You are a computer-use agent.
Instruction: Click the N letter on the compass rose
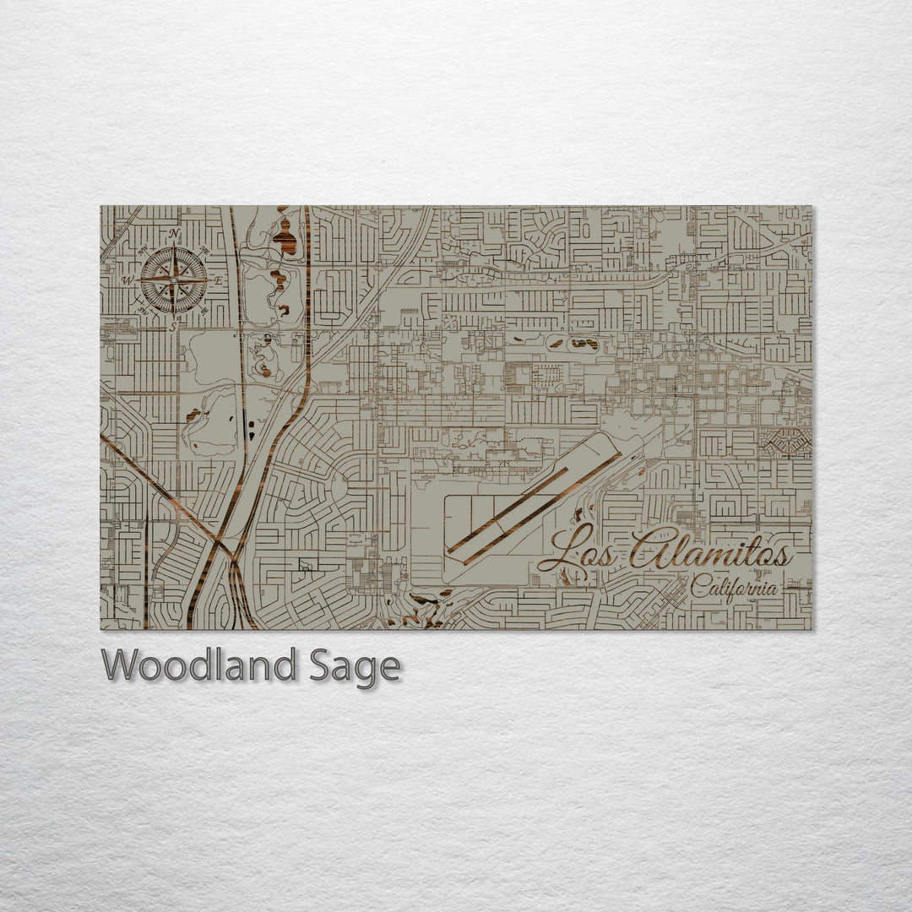click(x=174, y=234)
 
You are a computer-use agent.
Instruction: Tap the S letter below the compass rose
click(x=173, y=326)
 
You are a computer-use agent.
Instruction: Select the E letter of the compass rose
click(x=217, y=280)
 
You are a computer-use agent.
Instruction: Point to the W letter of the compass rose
click(x=128, y=280)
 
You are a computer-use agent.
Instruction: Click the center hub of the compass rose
click(x=173, y=280)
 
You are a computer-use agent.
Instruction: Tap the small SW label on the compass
click(x=143, y=311)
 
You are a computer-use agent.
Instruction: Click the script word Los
click(x=578, y=553)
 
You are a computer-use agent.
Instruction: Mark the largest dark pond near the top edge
click(x=285, y=238)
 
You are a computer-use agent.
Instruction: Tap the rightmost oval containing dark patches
click(x=583, y=343)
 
